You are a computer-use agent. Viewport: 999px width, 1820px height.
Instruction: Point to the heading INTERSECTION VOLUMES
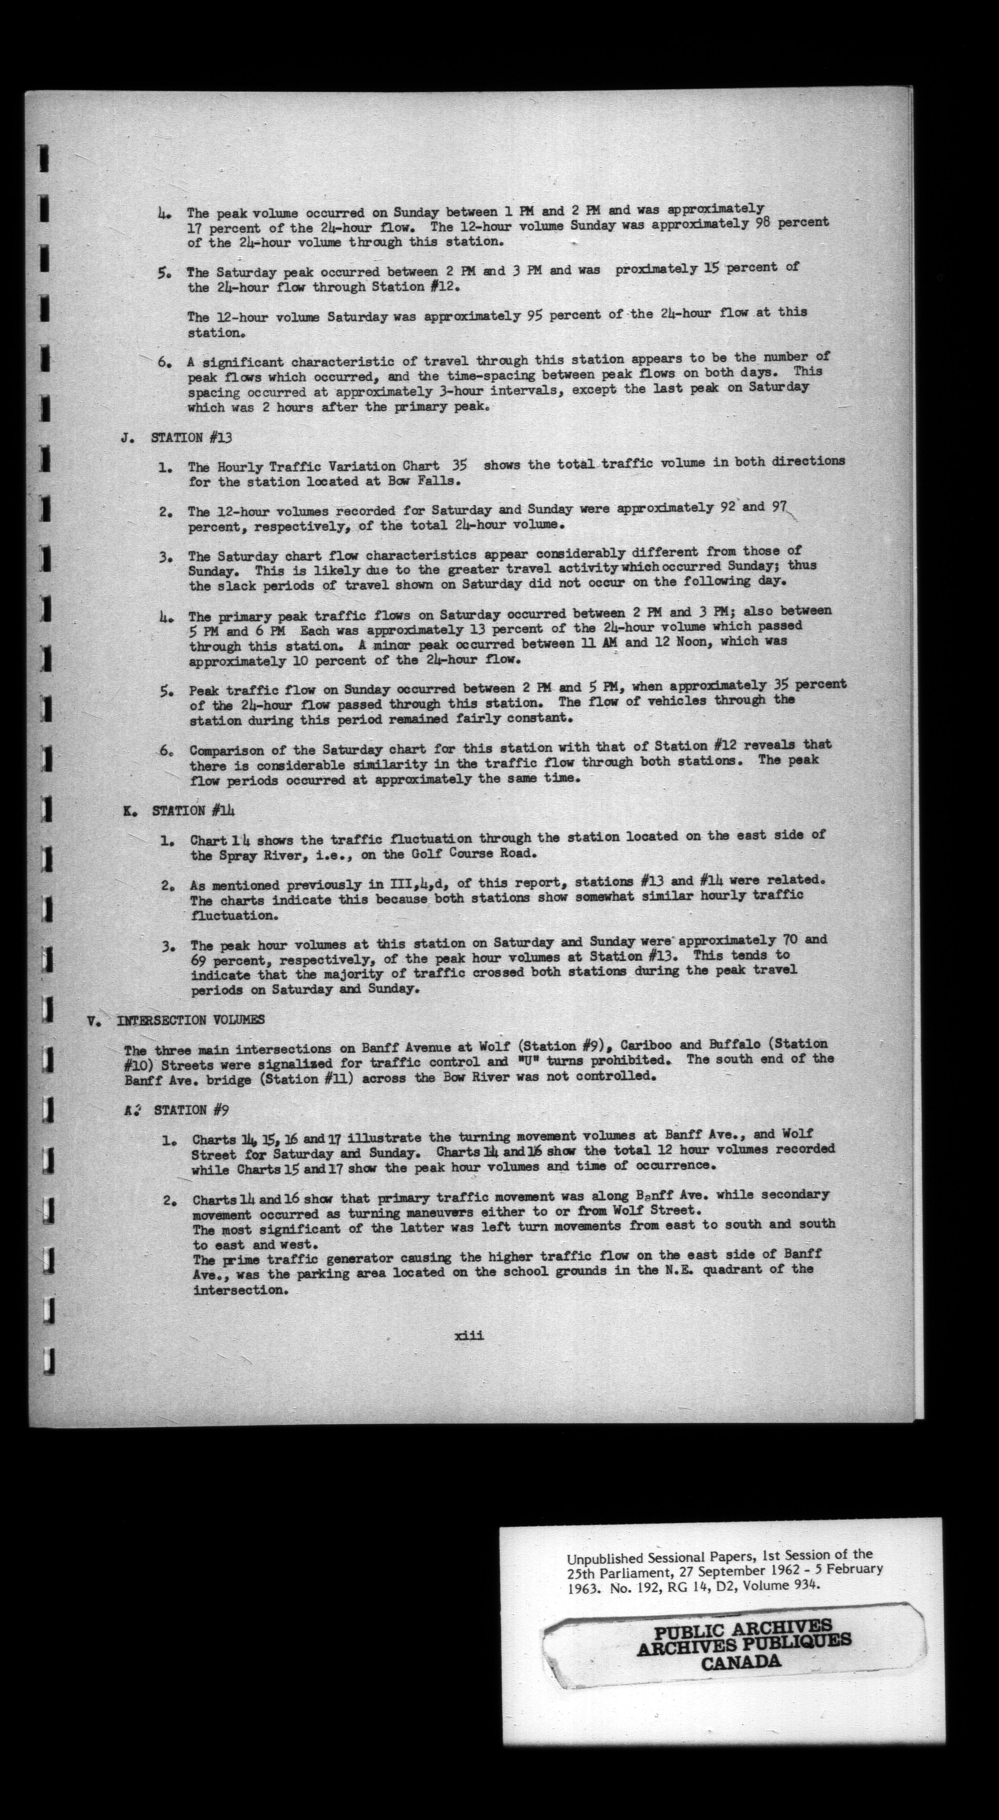coord(191,1019)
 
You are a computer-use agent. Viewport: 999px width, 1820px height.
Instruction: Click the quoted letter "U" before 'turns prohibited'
coord(524,1060)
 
